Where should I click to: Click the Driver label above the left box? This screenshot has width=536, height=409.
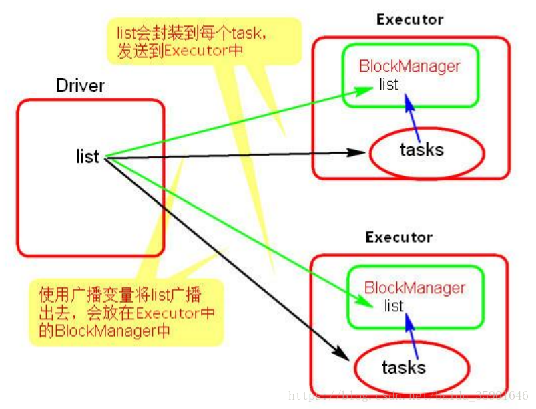pyautogui.click(x=81, y=86)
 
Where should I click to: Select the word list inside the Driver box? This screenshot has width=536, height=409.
pyautogui.click(x=87, y=157)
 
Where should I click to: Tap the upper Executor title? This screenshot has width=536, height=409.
pyautogui.click(x=409, y=19)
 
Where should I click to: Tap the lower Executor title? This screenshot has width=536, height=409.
pyautogui.click(x=398, y=237)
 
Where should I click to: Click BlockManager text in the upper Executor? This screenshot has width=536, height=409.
pyautogui.click(x=409, y=66)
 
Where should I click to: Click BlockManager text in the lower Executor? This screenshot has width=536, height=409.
pyautogui.click(x=415, y=288)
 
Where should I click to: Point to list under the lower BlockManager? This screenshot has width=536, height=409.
pyautogui.click(x=394, y=307)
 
